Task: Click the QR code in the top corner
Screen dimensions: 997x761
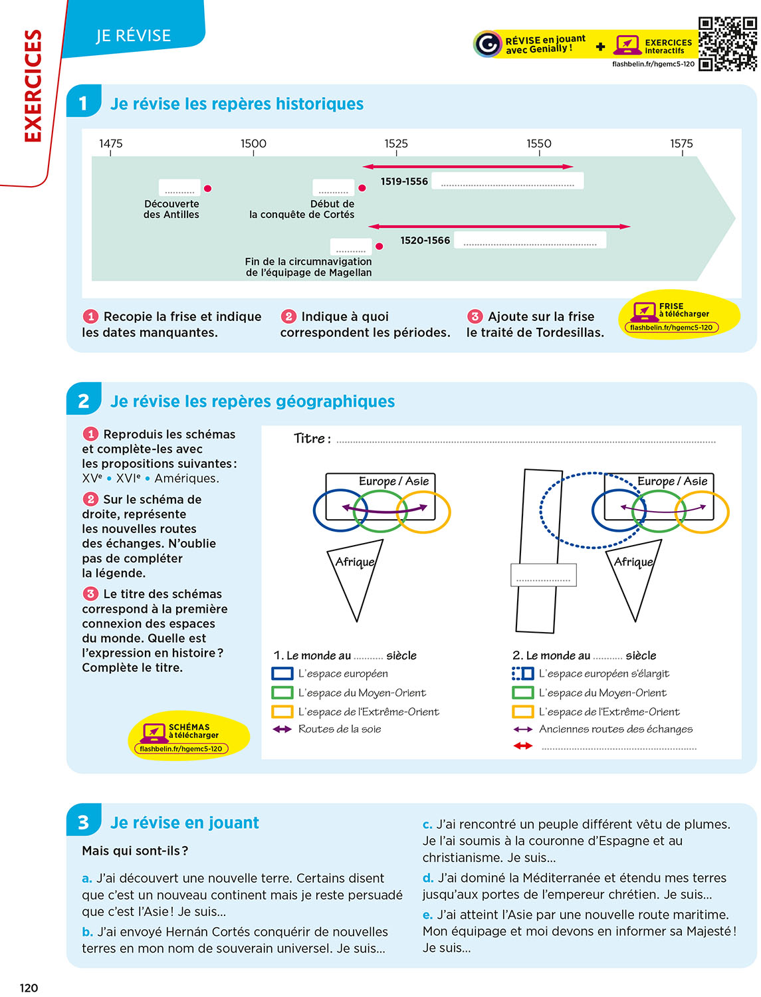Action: click(x=727, y=44)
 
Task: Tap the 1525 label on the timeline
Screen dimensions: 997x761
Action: click(x=396, y=143)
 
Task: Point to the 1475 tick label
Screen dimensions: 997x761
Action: click(x=111, y=143)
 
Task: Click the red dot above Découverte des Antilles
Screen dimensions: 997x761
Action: click(x=208, y=189)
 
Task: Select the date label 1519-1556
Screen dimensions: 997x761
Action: click(x=404, y=181)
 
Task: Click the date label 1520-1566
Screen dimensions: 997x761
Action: click(x=425, y=240)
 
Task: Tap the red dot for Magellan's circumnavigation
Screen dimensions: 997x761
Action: click(x=379, y=246)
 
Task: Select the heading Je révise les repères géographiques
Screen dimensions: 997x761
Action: click(x=252, y=401)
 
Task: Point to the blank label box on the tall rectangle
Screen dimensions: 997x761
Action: click(x=543, y=575)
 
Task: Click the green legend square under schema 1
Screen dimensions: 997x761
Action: click(x=282, y=693)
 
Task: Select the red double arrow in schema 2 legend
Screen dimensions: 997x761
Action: click(x=523, y=746)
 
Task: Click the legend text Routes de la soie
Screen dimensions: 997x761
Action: click(x=340, y=729)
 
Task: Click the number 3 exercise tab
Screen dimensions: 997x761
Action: click(x=84, y=822)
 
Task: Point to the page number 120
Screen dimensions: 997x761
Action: click(x=29, y=988)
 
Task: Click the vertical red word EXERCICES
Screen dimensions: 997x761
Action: click(x=33, y=86)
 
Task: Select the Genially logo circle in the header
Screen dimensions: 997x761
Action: click(x=487, y=45)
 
